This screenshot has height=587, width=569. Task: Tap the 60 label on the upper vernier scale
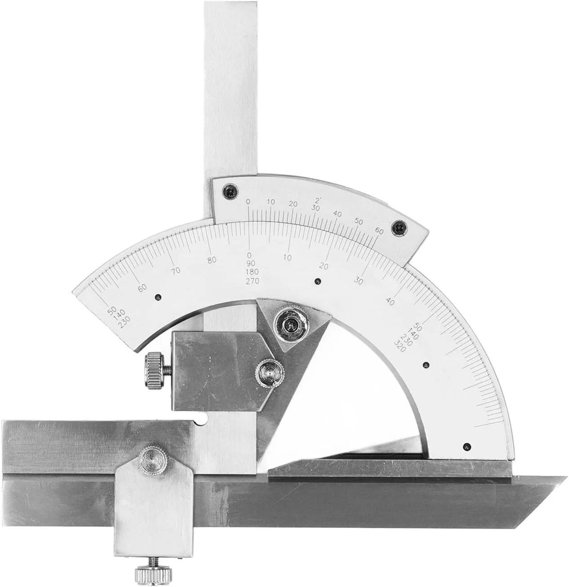point(379,231)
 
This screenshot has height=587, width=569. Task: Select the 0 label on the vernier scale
point(248,202)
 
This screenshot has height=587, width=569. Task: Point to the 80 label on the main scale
point(212,260)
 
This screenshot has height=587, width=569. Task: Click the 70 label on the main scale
point(176,271)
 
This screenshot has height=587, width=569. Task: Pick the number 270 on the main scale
point(253,281)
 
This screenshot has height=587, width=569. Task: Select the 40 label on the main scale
point(390,301)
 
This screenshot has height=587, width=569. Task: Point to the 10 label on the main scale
point(288,258)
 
